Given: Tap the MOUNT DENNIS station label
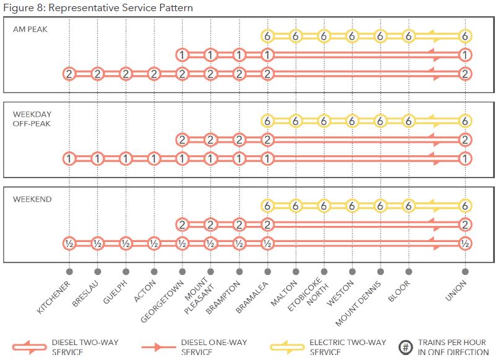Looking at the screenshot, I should point(360,303).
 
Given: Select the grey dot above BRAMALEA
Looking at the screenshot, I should point(267,271).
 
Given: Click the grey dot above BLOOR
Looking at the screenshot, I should point(408,271).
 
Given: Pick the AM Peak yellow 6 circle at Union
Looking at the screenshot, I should point(465,37).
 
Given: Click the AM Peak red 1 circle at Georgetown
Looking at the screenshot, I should point(182,55).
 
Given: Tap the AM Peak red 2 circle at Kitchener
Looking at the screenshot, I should point(69,74).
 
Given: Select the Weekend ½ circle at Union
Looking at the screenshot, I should point(465,243).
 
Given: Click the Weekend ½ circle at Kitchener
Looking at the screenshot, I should point(69,243).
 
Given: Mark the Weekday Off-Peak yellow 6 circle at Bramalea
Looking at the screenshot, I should point(267,121).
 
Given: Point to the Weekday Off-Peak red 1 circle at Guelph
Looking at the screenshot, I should point(125,159).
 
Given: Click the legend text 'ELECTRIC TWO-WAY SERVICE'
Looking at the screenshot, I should point(349,347).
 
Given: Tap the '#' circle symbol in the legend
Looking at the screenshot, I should point(404,346).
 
